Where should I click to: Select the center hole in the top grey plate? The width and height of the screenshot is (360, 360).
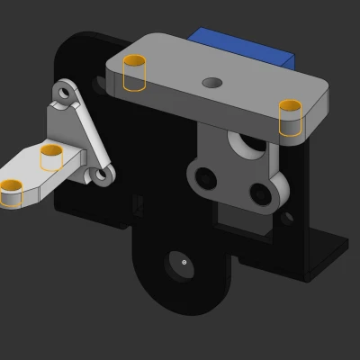212,83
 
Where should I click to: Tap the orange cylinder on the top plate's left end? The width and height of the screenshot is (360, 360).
134,73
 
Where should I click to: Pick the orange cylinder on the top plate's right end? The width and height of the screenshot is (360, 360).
290,117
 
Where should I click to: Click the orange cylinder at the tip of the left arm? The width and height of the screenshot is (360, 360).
12,192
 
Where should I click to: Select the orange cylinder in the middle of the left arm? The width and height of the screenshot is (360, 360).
52,157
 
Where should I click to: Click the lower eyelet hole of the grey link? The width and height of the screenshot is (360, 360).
103,175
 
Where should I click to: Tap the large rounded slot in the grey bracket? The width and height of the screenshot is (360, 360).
248,143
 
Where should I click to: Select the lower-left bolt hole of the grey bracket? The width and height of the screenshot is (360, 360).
207,178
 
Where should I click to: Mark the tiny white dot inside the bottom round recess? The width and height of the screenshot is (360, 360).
184,262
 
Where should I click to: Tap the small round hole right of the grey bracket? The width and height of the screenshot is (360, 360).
287,217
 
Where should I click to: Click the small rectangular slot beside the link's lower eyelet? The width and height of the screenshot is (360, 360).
138,204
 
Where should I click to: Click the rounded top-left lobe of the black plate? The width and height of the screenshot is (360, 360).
81,54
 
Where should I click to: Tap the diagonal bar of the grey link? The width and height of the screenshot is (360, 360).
88,135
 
